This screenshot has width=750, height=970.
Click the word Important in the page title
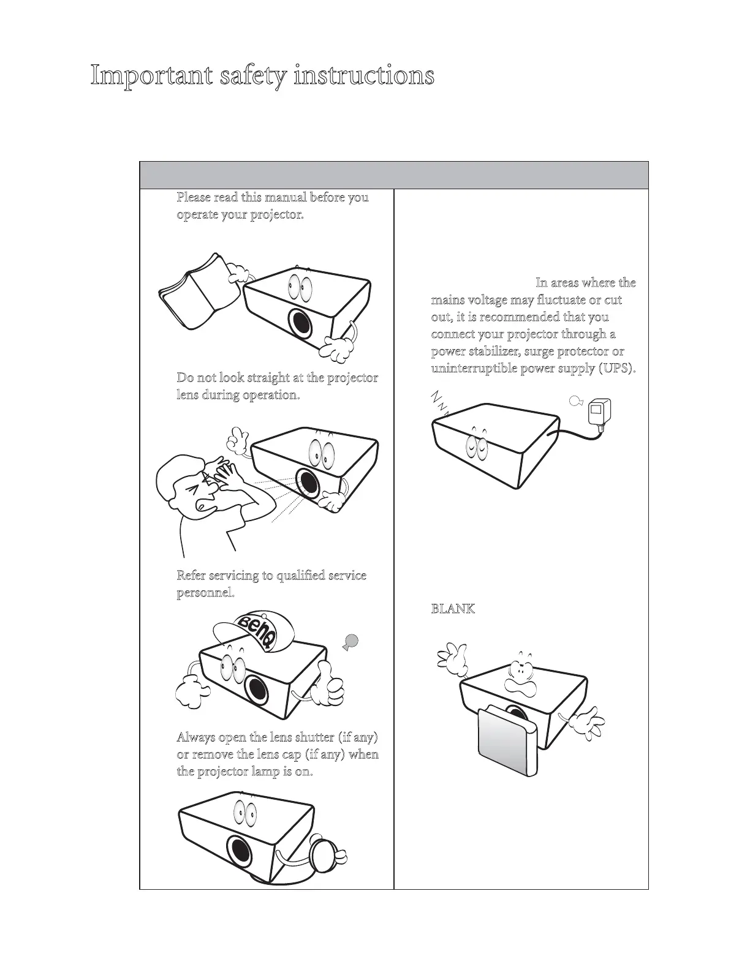click(x=146, y=77)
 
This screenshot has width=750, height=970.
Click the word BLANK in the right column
click(x=453, y=609)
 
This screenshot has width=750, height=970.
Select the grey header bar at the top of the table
click(x=393, y=175)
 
